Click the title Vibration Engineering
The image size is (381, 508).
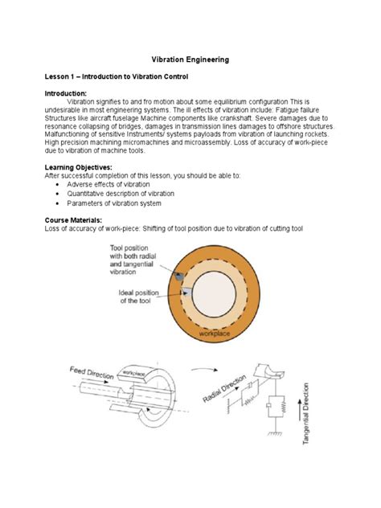pos(191,59)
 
